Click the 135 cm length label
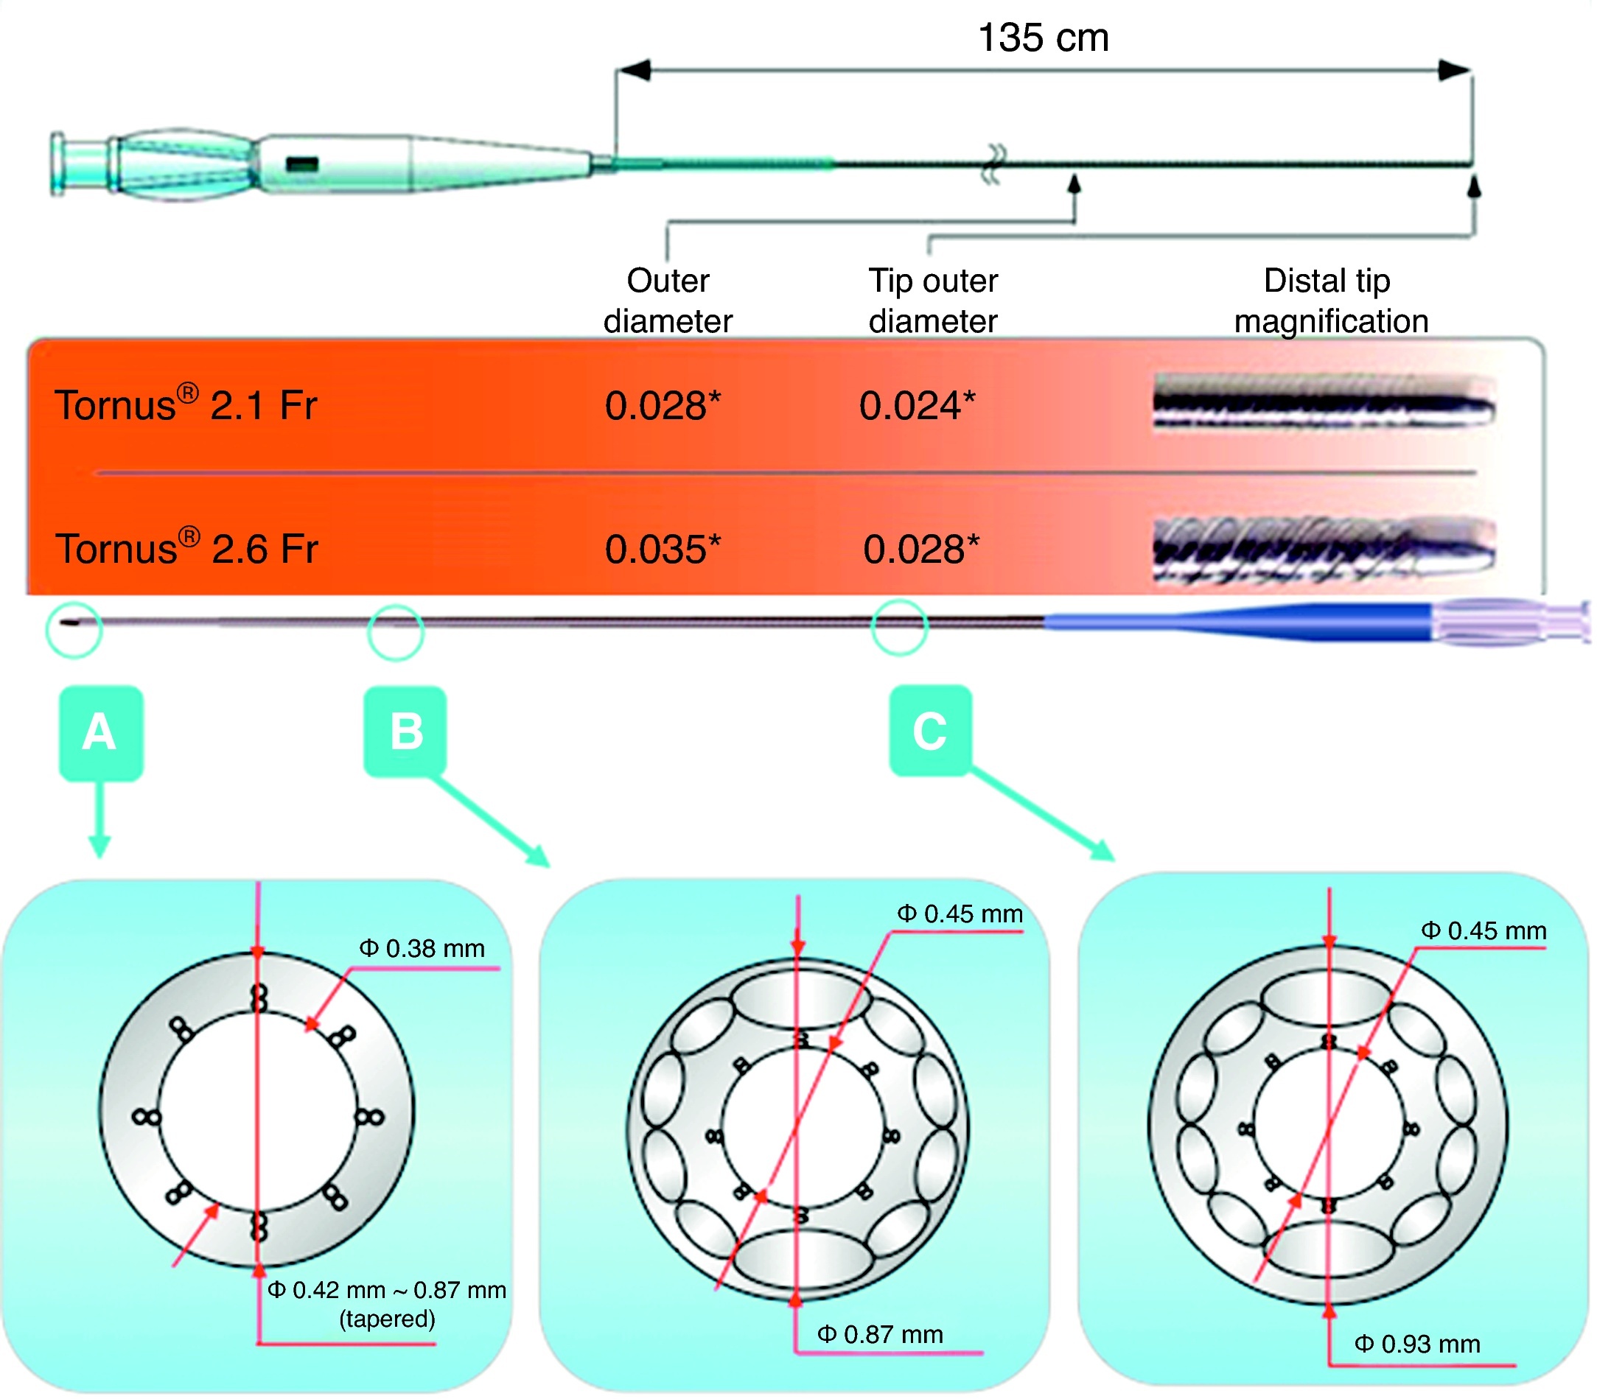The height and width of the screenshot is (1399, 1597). click(1043, 38)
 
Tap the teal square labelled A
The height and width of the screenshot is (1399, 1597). click(101, 732)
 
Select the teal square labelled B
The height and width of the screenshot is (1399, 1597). click(405, 732)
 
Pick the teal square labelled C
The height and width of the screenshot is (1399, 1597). click(930, 731)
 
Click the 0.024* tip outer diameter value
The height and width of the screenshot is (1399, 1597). click(917, 406)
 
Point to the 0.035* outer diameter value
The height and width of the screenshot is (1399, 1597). click(663, 549)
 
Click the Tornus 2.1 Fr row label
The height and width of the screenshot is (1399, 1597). click(186, 404)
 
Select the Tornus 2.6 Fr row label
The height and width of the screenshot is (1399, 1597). click(186, 548)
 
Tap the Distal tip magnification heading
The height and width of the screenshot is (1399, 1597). click(1330, 301)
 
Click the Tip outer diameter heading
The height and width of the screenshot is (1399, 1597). click(933, 301)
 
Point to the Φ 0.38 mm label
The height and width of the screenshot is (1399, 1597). click(422, 949)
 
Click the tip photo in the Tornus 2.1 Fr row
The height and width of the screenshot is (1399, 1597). click(1324, 402)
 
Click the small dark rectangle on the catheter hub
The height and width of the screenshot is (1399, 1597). click(301, 165)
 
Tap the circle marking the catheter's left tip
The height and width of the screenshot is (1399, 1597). click(74, 628)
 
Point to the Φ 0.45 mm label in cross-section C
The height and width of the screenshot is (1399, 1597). click(1482, 931)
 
